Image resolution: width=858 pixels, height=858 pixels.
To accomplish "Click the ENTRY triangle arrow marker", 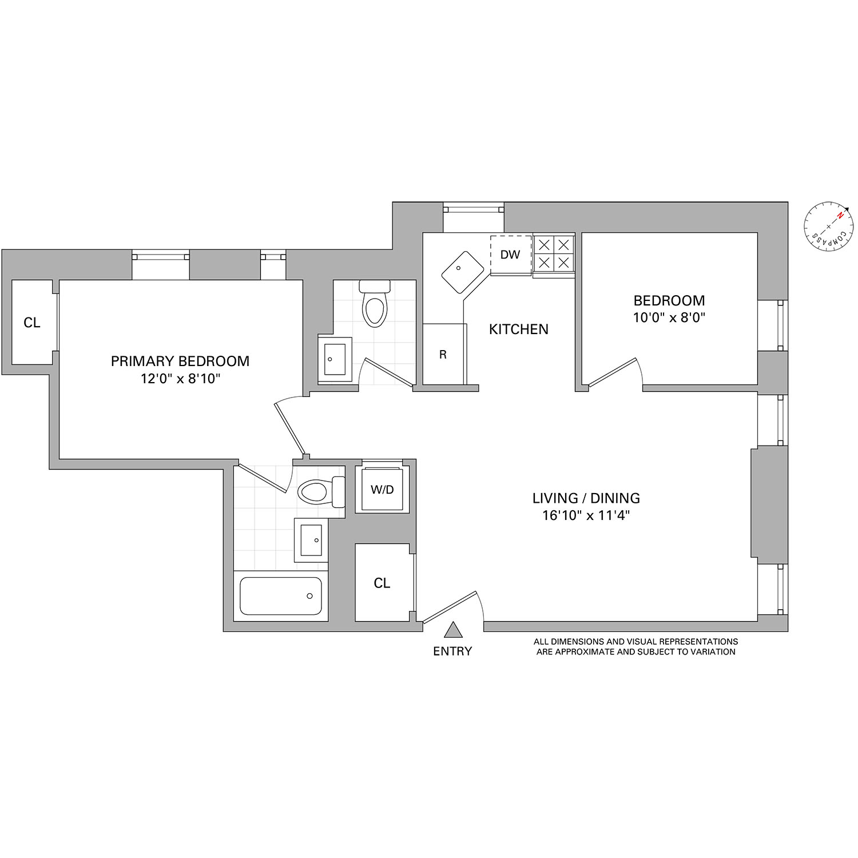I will click(x=453, y=630).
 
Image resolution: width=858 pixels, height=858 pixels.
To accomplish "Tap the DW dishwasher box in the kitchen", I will click(x=510, y=255).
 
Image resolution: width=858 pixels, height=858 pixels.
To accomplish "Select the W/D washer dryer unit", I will click(x=382, y=490).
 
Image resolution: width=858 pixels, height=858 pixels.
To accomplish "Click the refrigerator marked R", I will click(x=444, y=354).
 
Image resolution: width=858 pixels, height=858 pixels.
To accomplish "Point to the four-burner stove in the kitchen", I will click(x=554, y=254).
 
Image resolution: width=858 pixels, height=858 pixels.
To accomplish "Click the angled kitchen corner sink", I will click(x=463, y=273).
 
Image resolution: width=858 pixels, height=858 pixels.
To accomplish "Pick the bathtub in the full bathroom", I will click(x=281, y=596).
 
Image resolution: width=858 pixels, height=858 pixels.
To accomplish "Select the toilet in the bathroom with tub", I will click(x=321, y=491).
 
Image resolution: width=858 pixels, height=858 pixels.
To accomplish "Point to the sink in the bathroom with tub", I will click(x=311, y=540).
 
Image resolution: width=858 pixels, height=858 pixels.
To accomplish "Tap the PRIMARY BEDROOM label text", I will click(x=180, y=362).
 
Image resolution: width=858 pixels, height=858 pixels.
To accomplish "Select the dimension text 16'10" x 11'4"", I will click(x=586, y=515).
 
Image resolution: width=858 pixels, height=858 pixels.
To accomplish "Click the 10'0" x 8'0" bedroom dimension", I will click(x=669, y=317).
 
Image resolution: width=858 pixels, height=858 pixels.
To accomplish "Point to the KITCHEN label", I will click(x=518, y=329).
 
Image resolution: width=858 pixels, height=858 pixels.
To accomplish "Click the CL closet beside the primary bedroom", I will click(x=32, y=323).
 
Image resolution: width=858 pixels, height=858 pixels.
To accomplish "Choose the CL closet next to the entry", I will click(x=382, y=583).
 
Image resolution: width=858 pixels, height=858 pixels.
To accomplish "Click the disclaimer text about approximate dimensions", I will click(x=635, y=646).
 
